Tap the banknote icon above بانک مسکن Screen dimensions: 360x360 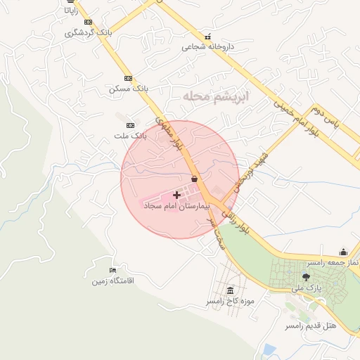tap(128, 78)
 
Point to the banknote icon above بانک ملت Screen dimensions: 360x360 tap(129, 124)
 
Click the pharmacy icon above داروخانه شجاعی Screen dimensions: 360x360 tap(207, 37)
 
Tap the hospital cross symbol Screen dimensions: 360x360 tap(176, 194)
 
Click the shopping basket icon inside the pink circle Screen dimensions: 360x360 tap(193, 179)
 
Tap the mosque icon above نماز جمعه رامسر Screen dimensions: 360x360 tap(343, 252)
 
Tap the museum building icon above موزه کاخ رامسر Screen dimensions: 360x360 tap(231, 290)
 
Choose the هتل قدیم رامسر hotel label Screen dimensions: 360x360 tap(311, 326)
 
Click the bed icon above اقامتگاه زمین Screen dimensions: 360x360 tap(112, 271)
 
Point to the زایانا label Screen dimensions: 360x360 tap(70, 11)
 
